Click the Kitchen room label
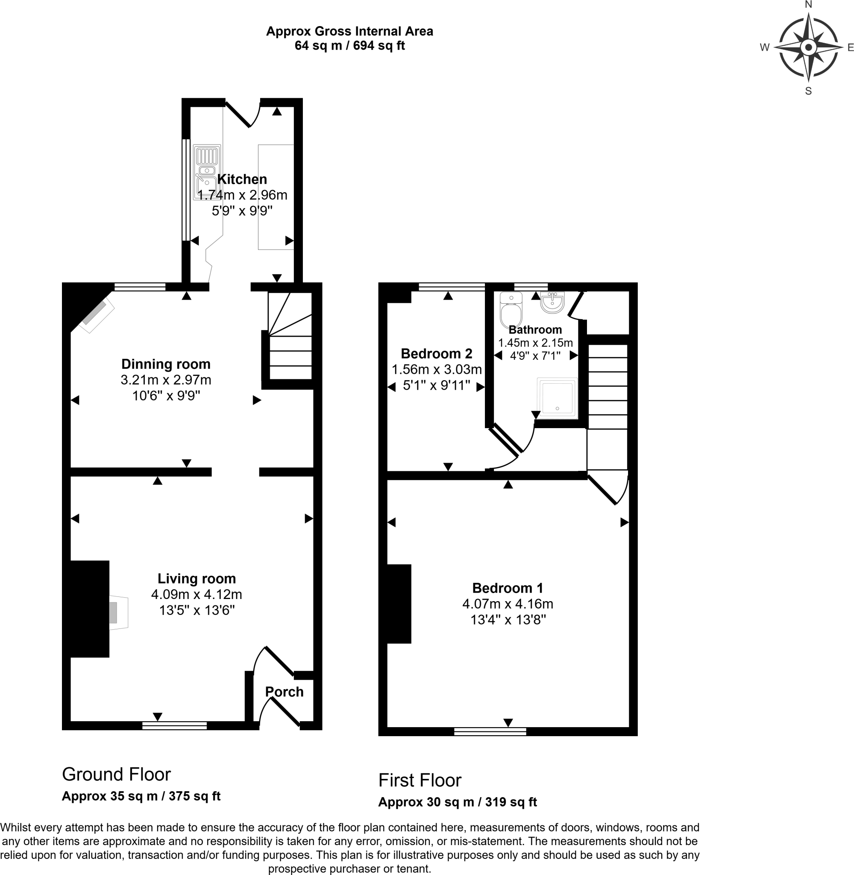click(242, 179)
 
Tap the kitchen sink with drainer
click(207, 172)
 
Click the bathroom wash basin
click(552, 302)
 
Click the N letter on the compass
click(808, 5)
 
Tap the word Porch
click(284, 692)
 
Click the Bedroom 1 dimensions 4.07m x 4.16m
click(507, 604)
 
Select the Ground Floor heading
click(116, 775)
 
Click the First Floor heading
click(420, 781)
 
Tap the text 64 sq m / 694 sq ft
click(349, 46)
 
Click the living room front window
click(174, 725)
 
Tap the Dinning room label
click(165, 364)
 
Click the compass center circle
click(808, 47)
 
